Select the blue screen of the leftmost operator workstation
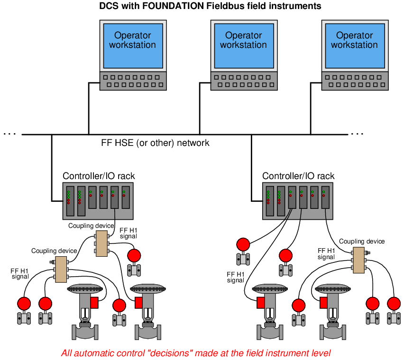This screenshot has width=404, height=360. [x=133, y=46]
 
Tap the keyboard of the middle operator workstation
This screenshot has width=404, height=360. [x=244, y=81]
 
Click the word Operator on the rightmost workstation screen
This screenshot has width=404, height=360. [x=354, y=35]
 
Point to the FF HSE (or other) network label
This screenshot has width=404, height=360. [x=155, y=143]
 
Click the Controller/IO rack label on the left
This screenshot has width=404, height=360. [x=99, y=176]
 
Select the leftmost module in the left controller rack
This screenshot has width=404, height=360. [x=70, y=201]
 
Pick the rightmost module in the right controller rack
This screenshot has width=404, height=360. [x=325, y=198]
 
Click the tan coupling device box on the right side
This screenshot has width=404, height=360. [x=358, y=260]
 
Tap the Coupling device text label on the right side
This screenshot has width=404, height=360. [x=362, y=242]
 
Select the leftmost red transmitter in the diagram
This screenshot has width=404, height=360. [x=24, y=310]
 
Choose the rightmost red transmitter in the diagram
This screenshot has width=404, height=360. [x=394, y=310]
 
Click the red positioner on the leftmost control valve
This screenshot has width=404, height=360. [x=94, y=303]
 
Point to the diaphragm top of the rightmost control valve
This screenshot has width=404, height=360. [x=332, y=289]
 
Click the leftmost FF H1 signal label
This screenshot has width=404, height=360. [x=20, y=273]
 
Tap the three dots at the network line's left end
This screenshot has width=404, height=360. [x=10, y=134]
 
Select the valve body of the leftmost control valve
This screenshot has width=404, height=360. [x=85, y=332]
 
